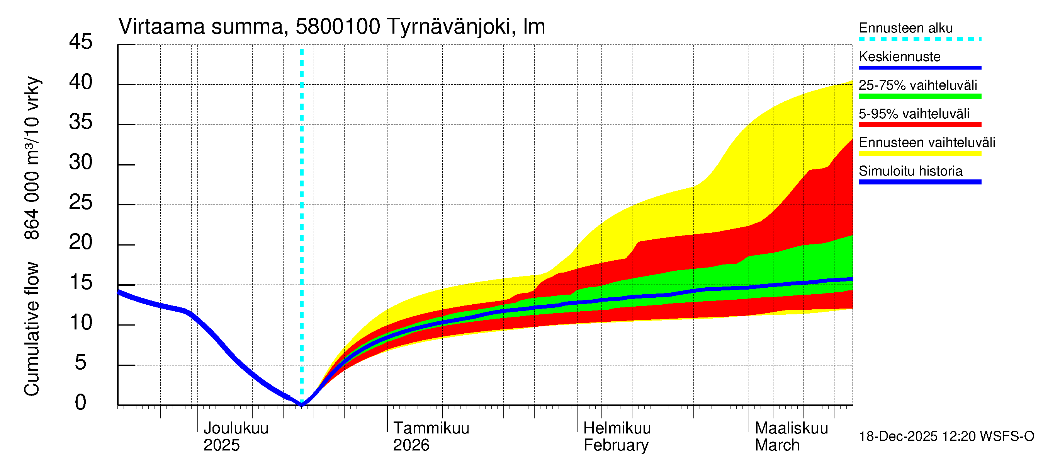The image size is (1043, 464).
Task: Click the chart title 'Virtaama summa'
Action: coord(201,27)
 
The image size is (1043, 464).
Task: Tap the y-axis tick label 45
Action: coord(81,42)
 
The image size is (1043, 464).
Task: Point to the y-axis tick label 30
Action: coord(81,162)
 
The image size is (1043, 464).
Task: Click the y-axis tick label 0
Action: coord(81,403)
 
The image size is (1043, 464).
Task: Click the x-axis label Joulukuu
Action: coord(236,428)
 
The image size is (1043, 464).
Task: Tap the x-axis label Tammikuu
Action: coord(431,428)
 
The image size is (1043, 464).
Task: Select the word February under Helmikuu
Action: coord(615,445)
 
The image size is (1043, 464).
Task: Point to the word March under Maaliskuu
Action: coord(777,445)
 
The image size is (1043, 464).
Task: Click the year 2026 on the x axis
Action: coord(411,445)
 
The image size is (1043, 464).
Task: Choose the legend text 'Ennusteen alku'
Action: coord(905,28)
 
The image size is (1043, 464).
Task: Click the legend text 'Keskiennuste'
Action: coord(899,57)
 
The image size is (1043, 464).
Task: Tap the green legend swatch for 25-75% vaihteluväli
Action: coord(919,96)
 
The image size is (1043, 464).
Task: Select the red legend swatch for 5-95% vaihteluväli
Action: coord(919,125)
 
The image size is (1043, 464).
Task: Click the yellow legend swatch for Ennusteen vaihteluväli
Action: coord(919,153)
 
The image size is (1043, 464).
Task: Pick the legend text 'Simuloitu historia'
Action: coord(910,171)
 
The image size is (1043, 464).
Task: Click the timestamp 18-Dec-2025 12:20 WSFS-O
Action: coord(946,437)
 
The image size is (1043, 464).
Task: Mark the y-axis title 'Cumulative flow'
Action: coord(32,329)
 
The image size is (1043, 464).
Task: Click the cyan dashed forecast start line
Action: coord(302,203)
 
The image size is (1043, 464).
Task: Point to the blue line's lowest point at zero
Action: coord(302,404)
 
